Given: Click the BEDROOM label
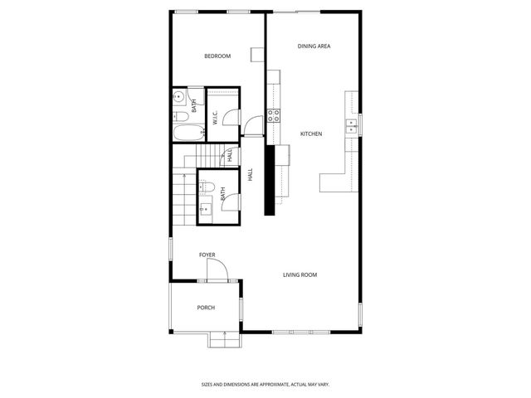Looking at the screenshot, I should point(217,56).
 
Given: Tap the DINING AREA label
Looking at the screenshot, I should point(314,46).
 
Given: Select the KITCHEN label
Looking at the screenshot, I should point(311,133).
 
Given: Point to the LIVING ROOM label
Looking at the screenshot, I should point(300,274).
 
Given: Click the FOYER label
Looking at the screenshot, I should point(207,255).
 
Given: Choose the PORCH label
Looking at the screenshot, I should point(206,308).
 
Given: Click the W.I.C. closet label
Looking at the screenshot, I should point(214,119).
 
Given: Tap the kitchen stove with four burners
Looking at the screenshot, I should point(273,116).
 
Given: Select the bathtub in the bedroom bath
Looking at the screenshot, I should point(187,133).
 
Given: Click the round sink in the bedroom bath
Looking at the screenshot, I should point(178,97).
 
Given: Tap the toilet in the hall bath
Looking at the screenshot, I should point(208,187).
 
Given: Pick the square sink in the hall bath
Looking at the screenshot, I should point(205,208).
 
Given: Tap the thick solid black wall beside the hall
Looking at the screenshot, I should point(270,179).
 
